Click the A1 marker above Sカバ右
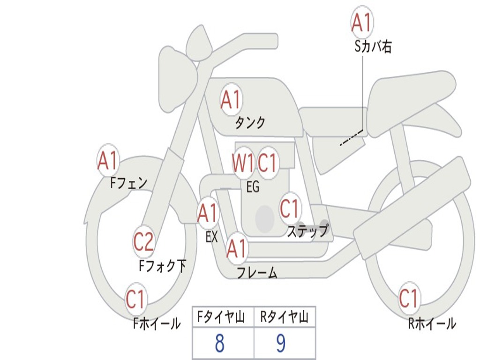click(x=362, y=22)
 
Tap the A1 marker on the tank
click(x=231, y=99)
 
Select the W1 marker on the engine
click(x=243, y=163)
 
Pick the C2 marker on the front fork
click(x=143, y=242)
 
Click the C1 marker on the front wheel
click(x=135, y=299)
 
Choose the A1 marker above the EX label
click(x=208, y=213)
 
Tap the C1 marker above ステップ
click(x=289, y=209)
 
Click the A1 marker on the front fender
click(x=108, y=160)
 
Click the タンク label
click(x=250, y=123)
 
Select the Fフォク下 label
click(x=163, y=266)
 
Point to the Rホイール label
click(x=432, y=323)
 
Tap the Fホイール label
click(x=157, y=323)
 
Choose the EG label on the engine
click(x=253, y=187)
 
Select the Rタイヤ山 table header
click(x=285, y=317)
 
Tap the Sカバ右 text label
click(x=373, y=46)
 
